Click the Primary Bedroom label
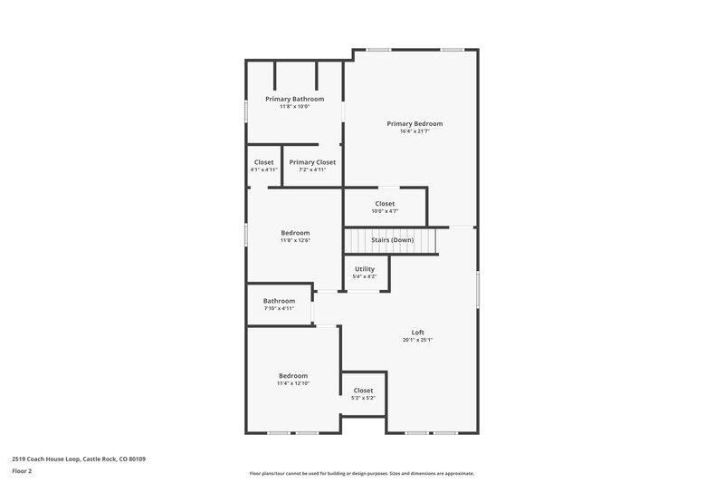tap(414, 123)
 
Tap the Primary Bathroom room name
tap(294, 99)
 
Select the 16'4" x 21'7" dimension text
tap(414, 131)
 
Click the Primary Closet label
tap(312, 162)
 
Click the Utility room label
tap(365, 269)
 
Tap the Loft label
tap(418, 332)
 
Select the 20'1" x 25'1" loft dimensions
tap(418, 340)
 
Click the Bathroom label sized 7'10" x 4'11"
tap(279, 301)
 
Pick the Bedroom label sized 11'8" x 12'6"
tap(294, 233)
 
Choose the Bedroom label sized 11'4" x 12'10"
tap(293, 375)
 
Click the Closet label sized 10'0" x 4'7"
tap(385, 204)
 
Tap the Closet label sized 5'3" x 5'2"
tap(363, 391)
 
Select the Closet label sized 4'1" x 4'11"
tap(263, 162)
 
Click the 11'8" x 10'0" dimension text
tap(294, 107)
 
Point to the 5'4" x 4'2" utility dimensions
tap(365, 276)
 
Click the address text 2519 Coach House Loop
tap(79, 459)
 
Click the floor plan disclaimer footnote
tap(361, 473)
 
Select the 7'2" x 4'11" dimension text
tap(312, 169)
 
